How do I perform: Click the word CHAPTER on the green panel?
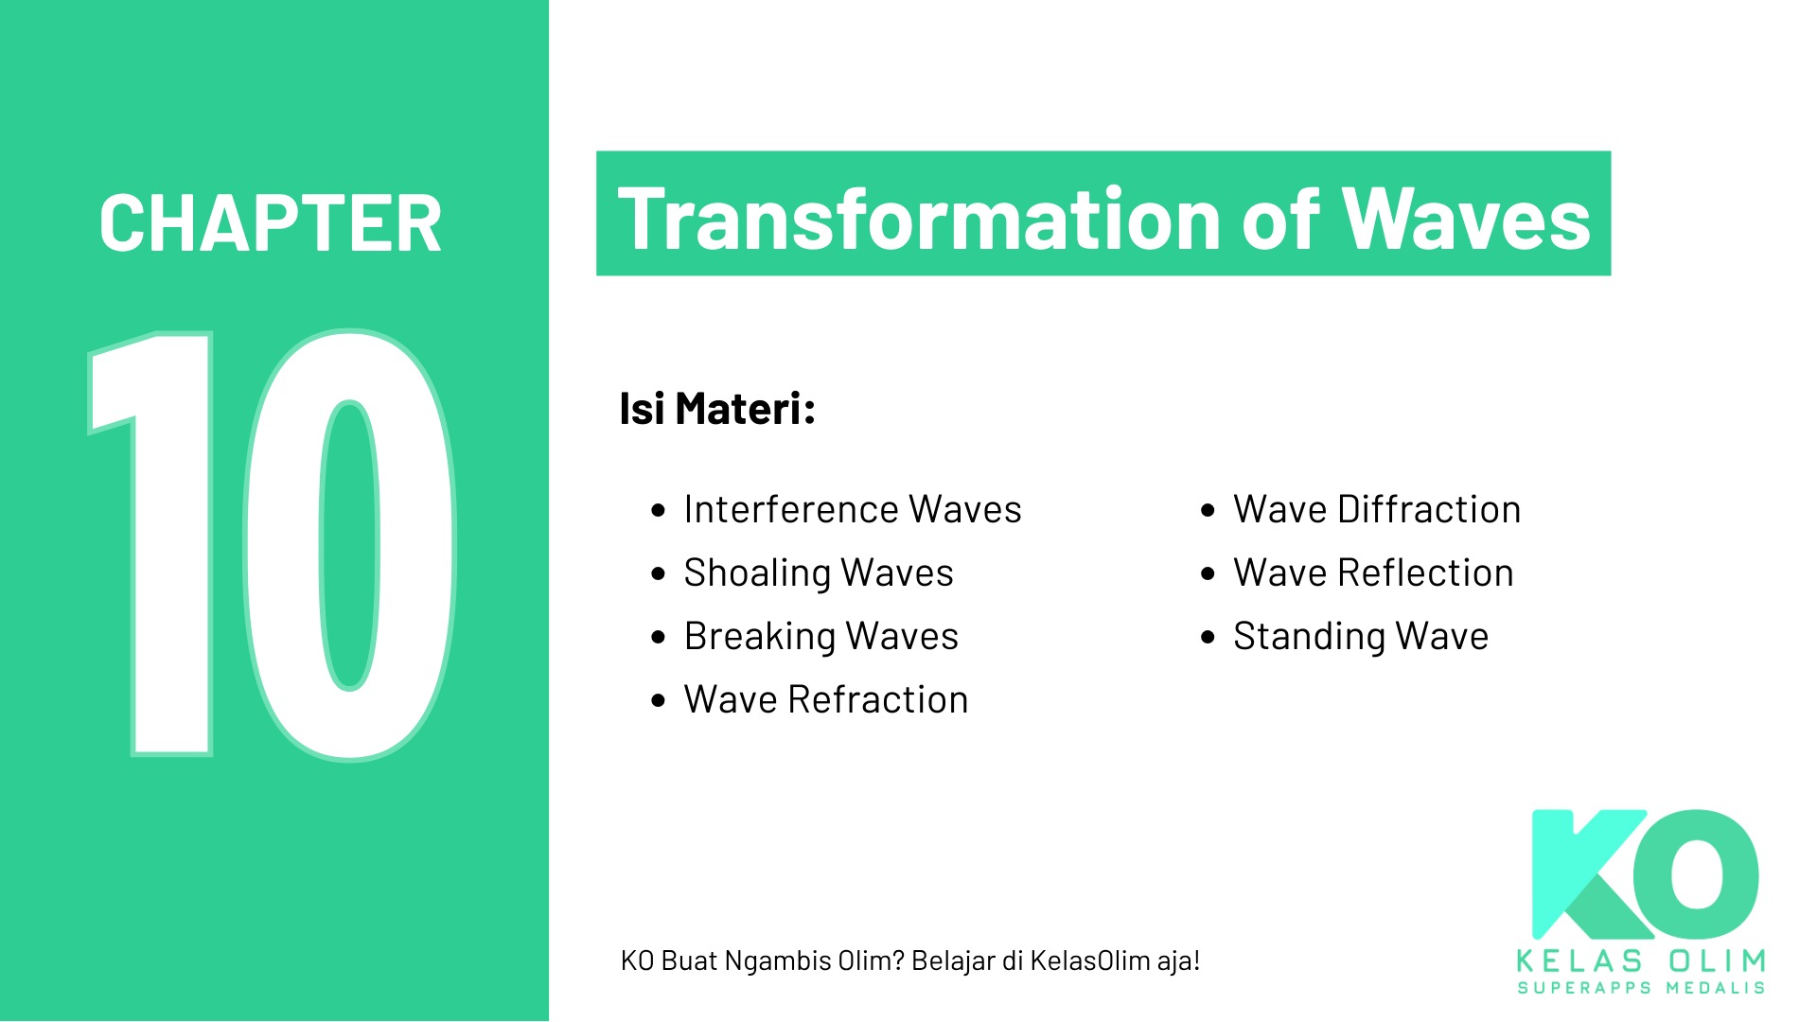pos(271,223)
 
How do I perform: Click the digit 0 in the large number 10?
pos(349,545)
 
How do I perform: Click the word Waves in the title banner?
pos(1467,219)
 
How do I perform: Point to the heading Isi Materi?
pos(717,409)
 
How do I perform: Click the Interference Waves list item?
pos(853,509)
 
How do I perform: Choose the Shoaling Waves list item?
pos(819,573)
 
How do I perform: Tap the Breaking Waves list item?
pos(821,637)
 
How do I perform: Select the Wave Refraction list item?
pos(826,700)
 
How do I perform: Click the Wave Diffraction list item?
pos(1377,509)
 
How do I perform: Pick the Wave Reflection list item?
pos(1373,573)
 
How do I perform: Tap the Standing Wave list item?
pos(1361,637)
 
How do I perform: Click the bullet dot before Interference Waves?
pos(659,511)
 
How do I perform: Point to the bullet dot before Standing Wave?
pos(1208,637)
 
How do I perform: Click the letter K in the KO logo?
pos(1590,874)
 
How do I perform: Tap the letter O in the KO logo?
pos(1702,872)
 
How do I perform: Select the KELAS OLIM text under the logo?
pos(1641,961)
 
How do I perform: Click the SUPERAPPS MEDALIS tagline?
pos(1641,988)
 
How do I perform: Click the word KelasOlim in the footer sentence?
pos(1089,960)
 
